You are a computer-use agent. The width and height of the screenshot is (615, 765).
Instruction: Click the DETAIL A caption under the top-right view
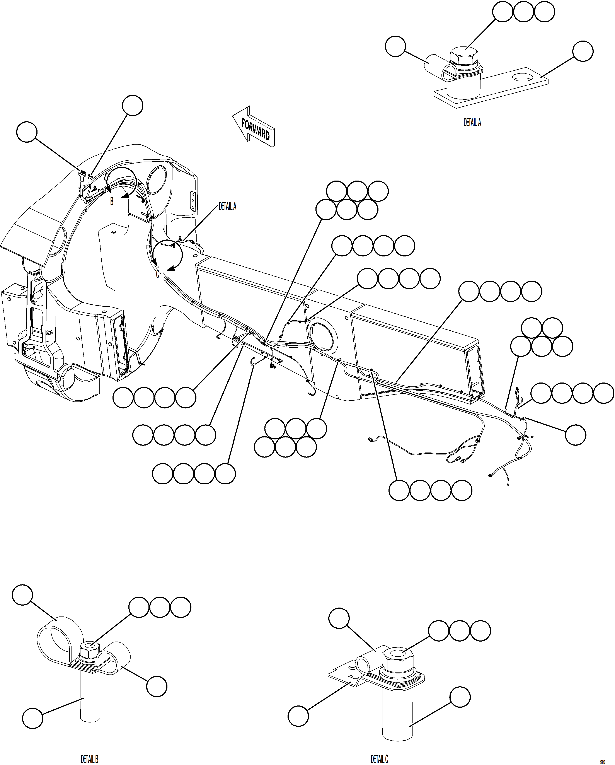[472, 122]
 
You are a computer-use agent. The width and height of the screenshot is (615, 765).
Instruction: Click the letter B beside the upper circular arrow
[112, 201]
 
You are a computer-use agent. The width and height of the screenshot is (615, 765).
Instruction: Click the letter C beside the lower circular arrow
[157, 274]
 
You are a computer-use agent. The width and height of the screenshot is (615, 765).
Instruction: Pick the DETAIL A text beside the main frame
[227, 206]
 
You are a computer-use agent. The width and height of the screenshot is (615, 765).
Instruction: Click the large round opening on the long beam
[324, 336]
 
